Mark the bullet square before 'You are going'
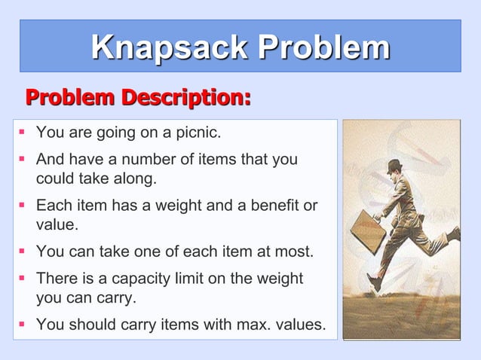tap(23, 133)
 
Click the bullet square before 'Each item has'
tap(23, 206)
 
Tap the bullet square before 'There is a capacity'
tap(23, 279)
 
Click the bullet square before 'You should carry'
tap(23, 325)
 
